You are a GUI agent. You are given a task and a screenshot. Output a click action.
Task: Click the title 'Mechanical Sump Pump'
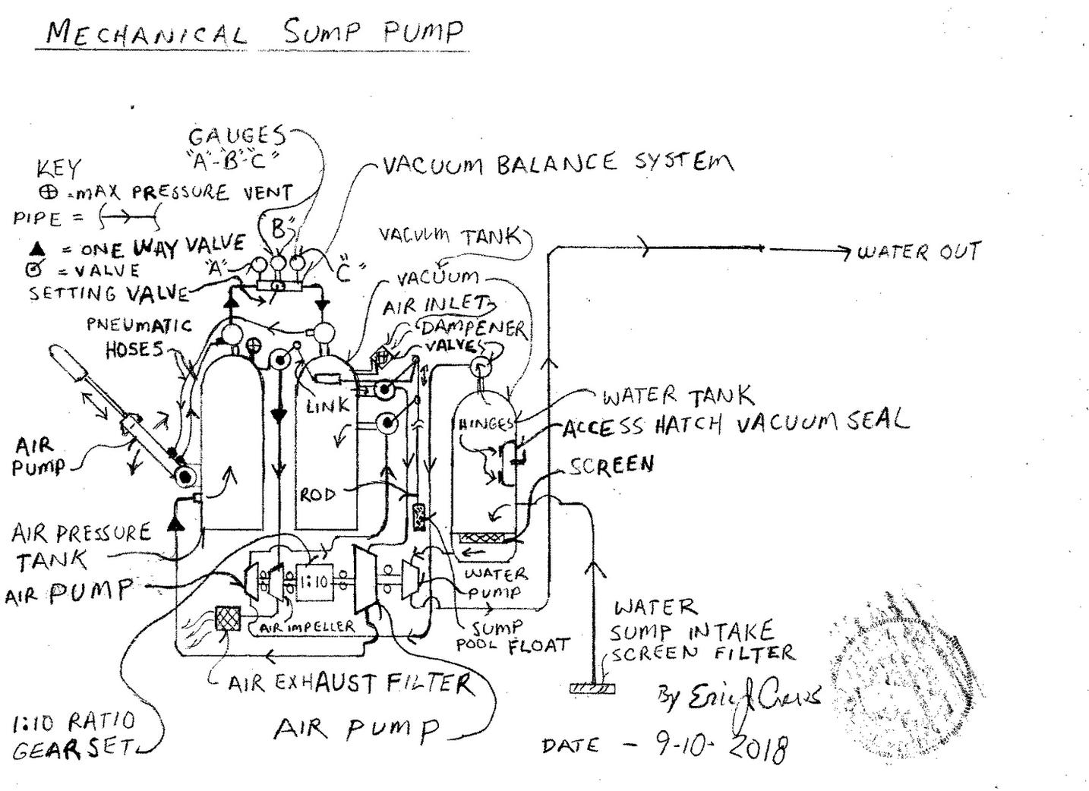[x=254, y=32]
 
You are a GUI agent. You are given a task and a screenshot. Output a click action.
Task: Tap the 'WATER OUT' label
[x=919, y=251]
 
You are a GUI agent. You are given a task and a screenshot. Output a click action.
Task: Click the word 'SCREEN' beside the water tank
[x=611, y=465]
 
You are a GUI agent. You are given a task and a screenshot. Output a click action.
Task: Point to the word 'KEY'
[x=58, y=168]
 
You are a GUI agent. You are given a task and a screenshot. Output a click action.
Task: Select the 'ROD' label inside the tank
[x=317, y=495]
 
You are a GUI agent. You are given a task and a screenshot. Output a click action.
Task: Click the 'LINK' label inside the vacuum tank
[x=328, y=406]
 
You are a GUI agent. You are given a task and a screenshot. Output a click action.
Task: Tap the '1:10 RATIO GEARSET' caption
[x=74, y=735]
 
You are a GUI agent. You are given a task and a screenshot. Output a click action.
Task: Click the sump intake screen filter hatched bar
[x=592, y=688]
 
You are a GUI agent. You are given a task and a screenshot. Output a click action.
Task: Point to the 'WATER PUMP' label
[x=495, y=583]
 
